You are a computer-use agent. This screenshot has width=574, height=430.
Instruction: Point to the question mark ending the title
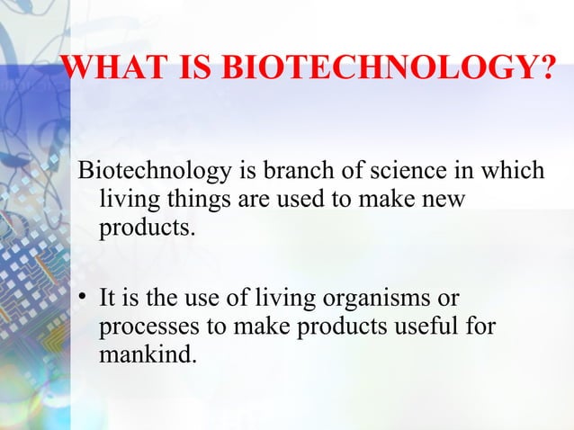546,67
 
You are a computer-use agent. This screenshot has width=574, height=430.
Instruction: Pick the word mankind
146,354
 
